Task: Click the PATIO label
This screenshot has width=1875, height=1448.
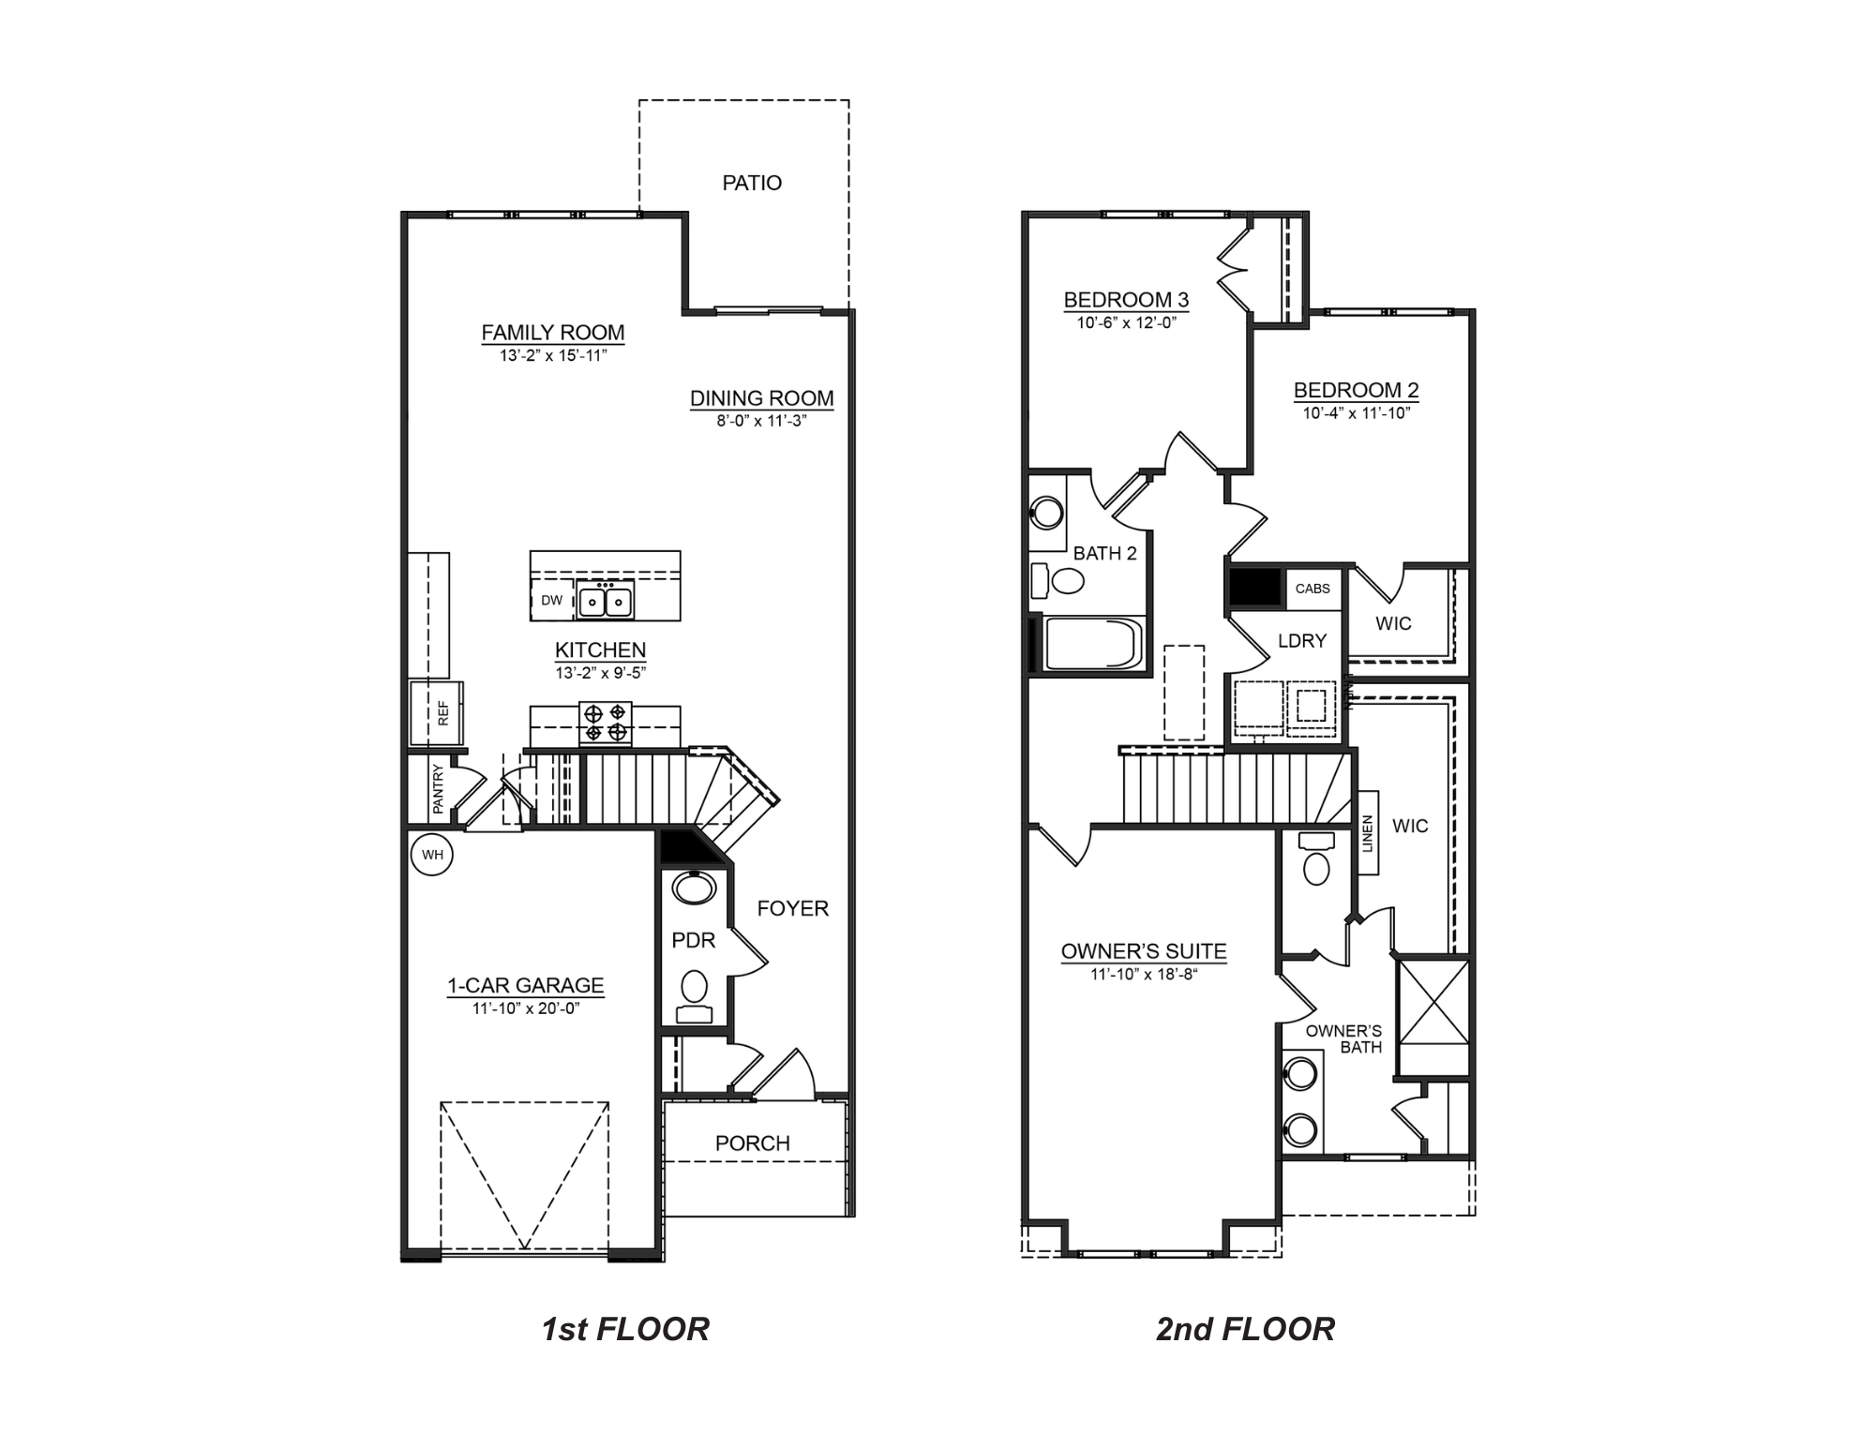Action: [751, 183]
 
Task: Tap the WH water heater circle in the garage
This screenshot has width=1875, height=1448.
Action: [432, 855]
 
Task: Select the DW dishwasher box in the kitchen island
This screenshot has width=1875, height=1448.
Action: [551, 601]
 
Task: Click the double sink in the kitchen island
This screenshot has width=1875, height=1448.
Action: [605, 600]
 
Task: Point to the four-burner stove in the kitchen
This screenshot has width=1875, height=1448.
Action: [606, 723]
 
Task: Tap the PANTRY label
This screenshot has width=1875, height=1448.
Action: [438, 788]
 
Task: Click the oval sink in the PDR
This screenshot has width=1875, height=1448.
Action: [694, 888]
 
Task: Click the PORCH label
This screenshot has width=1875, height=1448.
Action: [752, 1143]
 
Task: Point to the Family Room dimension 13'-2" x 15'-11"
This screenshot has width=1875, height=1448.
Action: [553, 356]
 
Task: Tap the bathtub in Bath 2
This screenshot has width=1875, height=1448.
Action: [1093, 644]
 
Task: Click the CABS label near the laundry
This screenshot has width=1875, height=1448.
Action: [1312, 589]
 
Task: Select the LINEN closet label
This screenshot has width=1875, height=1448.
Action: [1367, 833]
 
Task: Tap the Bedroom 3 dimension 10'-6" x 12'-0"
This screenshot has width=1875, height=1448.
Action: [1126, 323]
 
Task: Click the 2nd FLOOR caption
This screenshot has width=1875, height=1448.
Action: [1245, 1329]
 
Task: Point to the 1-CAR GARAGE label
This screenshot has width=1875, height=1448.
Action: [525, 985]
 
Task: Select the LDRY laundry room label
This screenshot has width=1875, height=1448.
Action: [1302, 641]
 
